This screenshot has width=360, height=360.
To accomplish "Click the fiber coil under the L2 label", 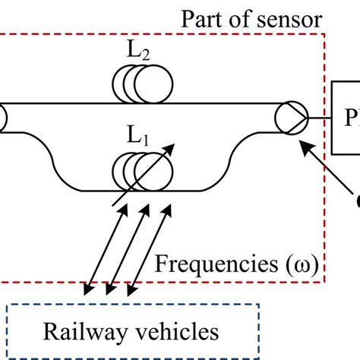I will pos(141,82).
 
